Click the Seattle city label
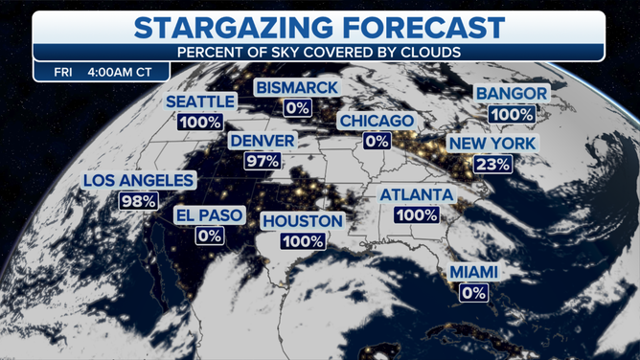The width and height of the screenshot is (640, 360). [199, 101]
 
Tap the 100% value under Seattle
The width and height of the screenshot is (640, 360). [199, 122]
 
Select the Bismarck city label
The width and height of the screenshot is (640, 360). [296, 88]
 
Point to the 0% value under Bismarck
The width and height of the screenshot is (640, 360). [296, 108]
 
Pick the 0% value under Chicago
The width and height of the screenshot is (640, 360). [376, 142]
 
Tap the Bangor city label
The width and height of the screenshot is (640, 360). [512, 94]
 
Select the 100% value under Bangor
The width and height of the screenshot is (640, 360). [512, 114]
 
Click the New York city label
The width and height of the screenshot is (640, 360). [492, 143]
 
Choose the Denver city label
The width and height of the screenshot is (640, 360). [262, 141]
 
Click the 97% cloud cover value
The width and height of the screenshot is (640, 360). [262, 161]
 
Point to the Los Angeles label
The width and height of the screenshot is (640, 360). [126, 180]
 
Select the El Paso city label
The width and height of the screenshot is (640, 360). [209, 214]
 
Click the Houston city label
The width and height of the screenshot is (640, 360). [303, 221]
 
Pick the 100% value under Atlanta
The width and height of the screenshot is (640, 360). [416, 215]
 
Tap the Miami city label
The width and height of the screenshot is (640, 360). [474, 273]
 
